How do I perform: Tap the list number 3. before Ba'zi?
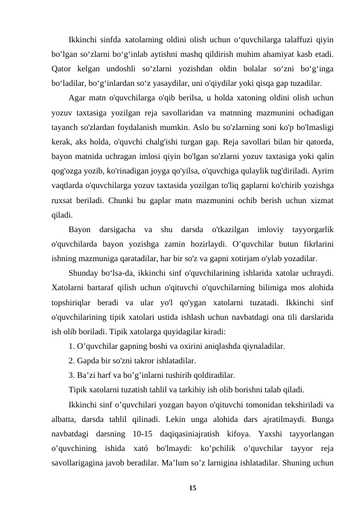tap(72, 374)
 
